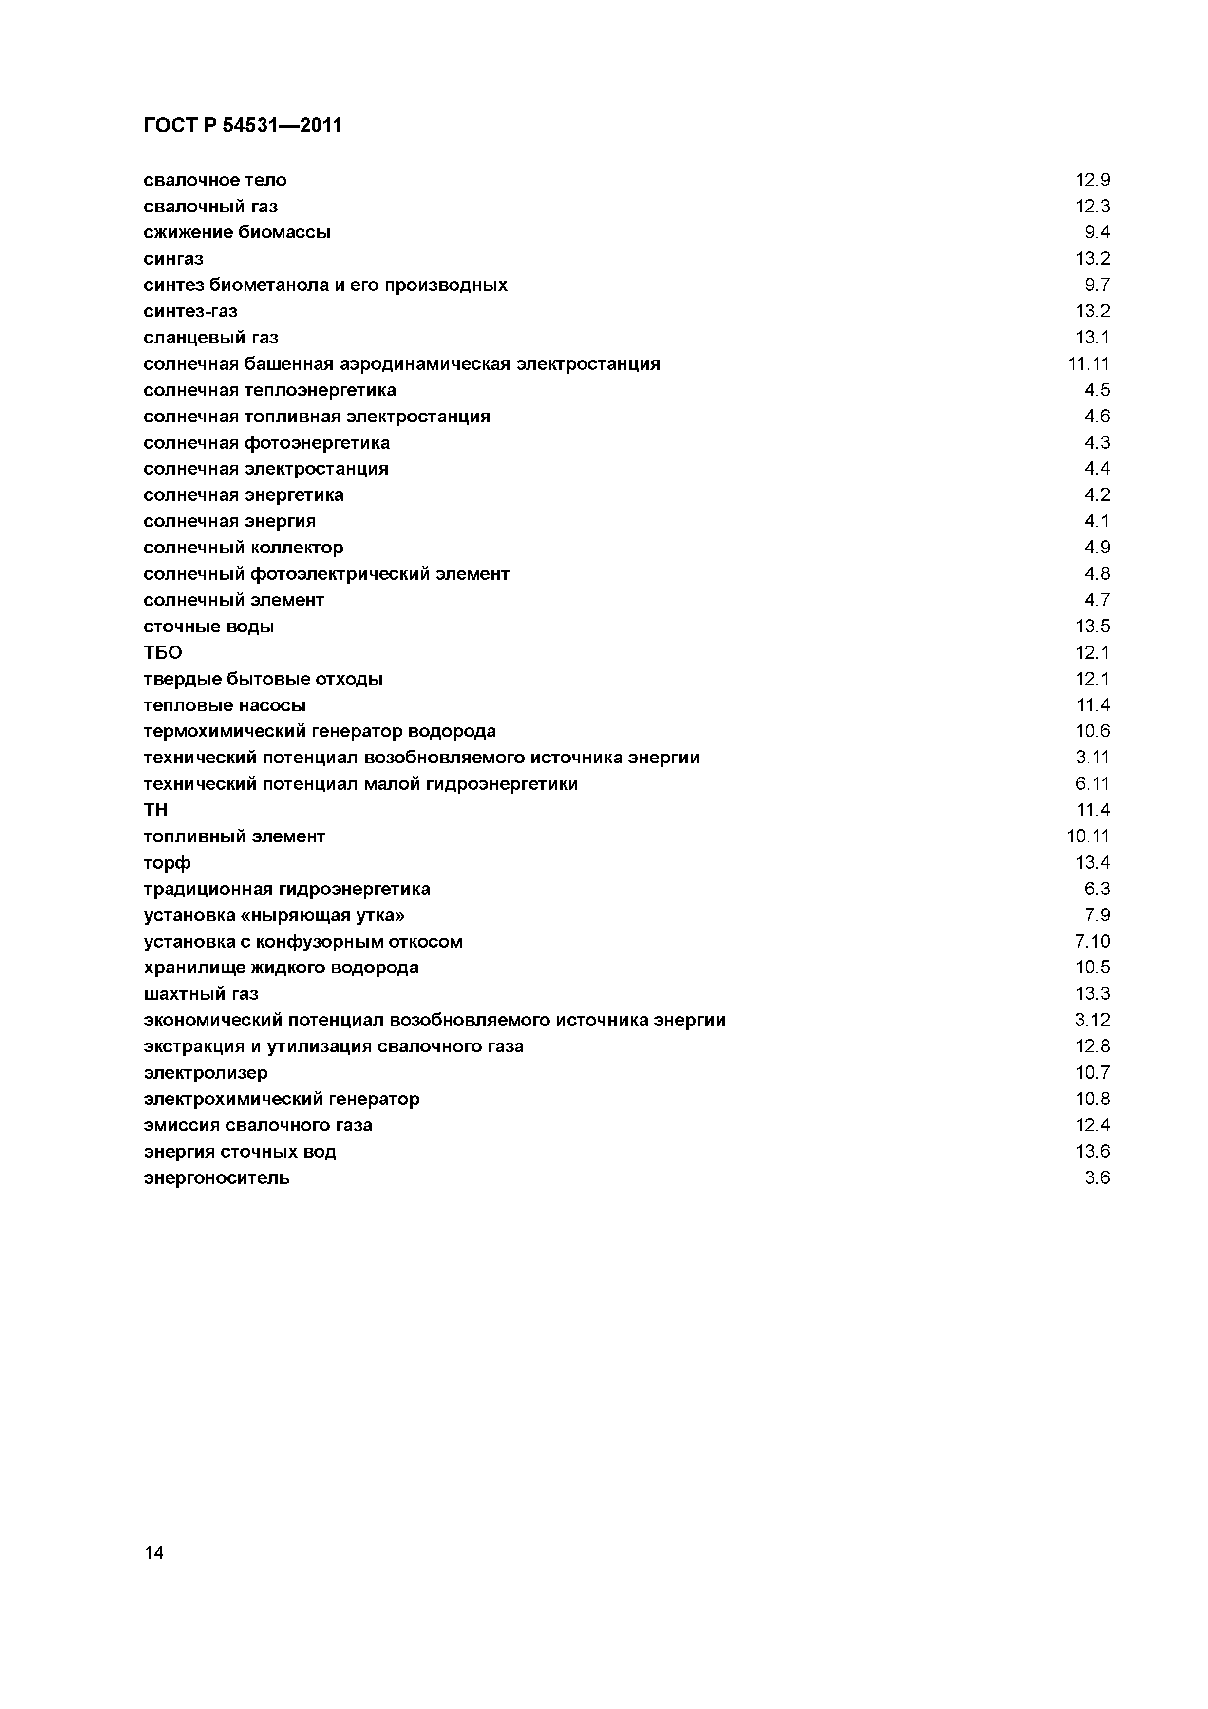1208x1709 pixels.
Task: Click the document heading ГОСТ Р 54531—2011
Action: (242, 126)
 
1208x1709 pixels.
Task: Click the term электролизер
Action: (206, 1073)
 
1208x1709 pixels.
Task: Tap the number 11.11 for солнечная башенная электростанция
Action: (1088, 364)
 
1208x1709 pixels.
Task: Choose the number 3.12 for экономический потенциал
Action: (1092, 1020)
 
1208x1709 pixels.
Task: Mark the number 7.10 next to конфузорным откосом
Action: (1092, 942)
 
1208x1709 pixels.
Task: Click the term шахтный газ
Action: (201, 994)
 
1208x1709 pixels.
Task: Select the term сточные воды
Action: (208, 627)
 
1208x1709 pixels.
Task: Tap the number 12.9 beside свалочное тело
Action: (1092, 180)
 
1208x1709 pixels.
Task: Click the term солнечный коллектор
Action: (244, 548)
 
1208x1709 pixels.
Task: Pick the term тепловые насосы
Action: (224, 705)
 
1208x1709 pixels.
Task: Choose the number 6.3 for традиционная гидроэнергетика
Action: (1096, 889)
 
